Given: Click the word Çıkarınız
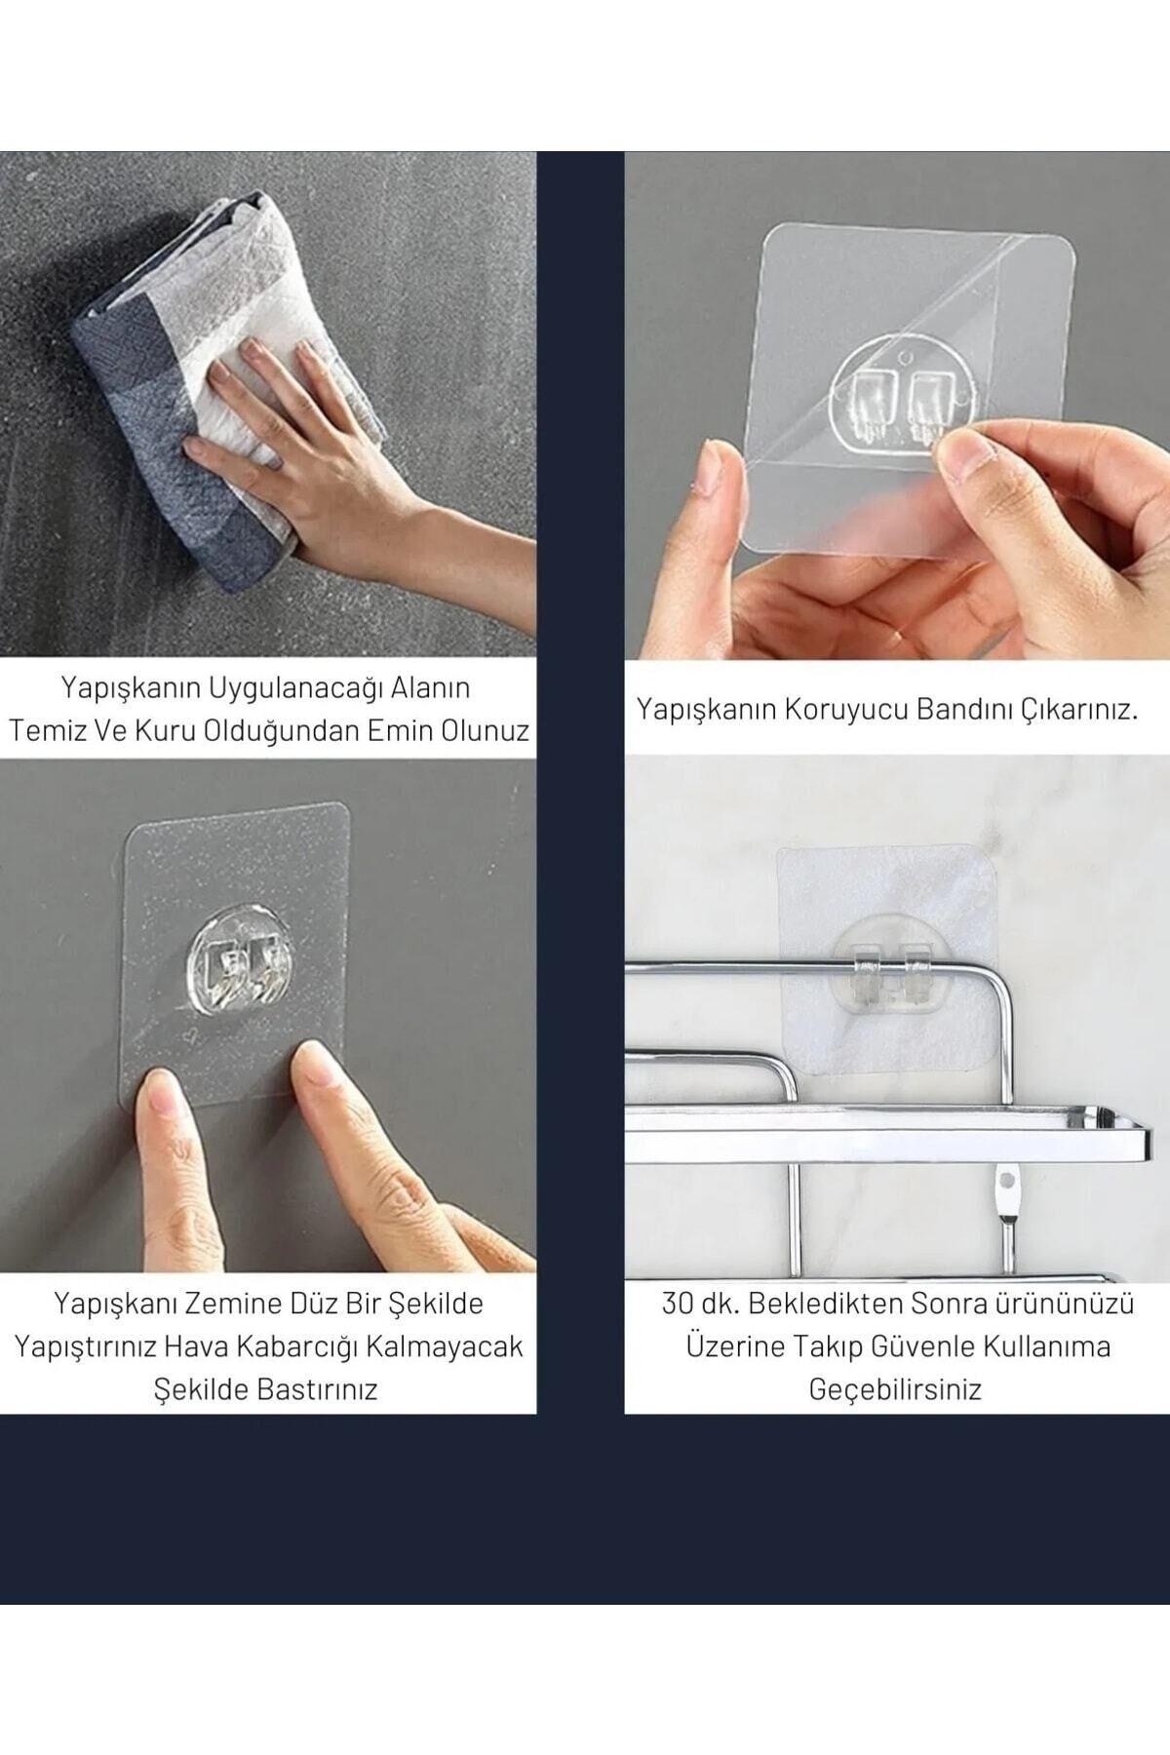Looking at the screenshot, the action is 1080,709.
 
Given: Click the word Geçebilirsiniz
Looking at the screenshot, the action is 895,1389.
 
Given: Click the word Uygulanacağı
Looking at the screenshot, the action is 273,688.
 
